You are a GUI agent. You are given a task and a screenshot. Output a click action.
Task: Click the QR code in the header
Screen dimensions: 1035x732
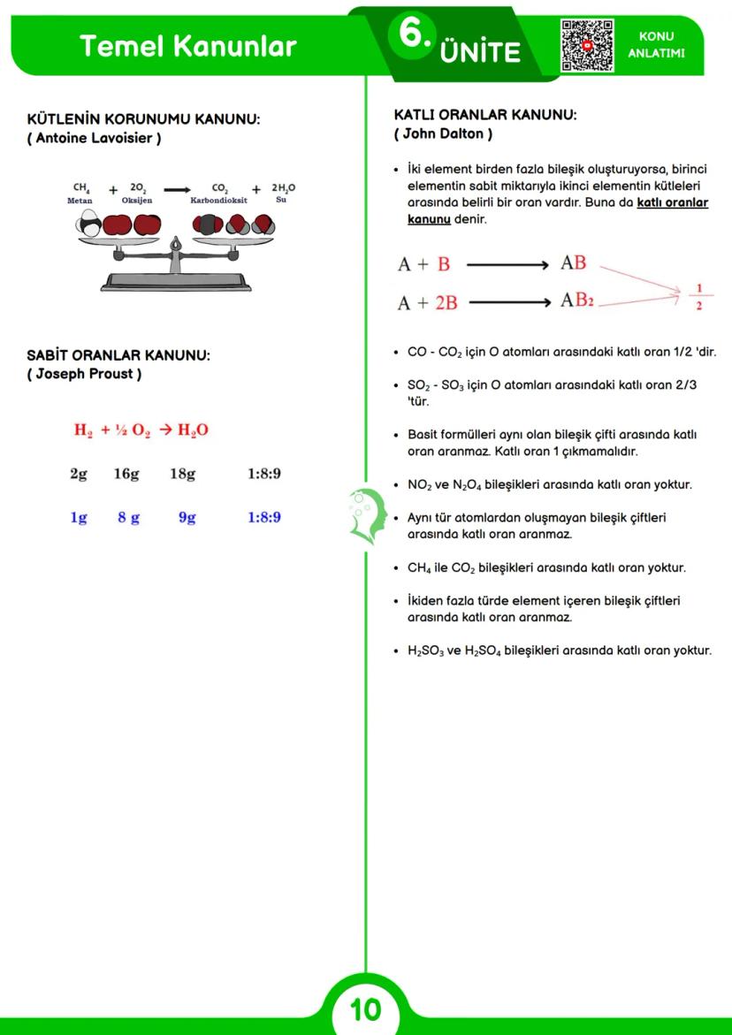[587, 46]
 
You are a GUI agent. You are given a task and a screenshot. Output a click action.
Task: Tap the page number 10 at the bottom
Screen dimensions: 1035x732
[365, 1008]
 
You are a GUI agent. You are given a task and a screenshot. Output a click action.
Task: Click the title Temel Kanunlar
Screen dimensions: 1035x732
[187, 46]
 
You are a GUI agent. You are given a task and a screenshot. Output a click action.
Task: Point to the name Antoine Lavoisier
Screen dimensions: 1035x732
[94, 139]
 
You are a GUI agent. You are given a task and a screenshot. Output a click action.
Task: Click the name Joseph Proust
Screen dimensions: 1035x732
[84, 374]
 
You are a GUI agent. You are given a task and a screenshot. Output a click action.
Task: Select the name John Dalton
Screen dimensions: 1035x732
[443, 134]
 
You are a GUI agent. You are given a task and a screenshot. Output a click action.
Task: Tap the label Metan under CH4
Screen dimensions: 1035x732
[80, 201]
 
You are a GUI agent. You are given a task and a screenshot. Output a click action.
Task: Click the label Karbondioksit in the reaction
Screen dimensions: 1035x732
[218, 201]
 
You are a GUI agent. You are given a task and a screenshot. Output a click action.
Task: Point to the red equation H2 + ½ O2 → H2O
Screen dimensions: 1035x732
[141, 430]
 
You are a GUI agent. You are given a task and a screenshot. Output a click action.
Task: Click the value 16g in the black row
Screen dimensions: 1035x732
[126, 474]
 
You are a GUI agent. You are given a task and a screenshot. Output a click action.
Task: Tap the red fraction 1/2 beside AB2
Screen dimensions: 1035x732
[699, 296]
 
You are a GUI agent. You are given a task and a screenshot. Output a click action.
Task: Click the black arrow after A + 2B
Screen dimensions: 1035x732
[509, 302]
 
